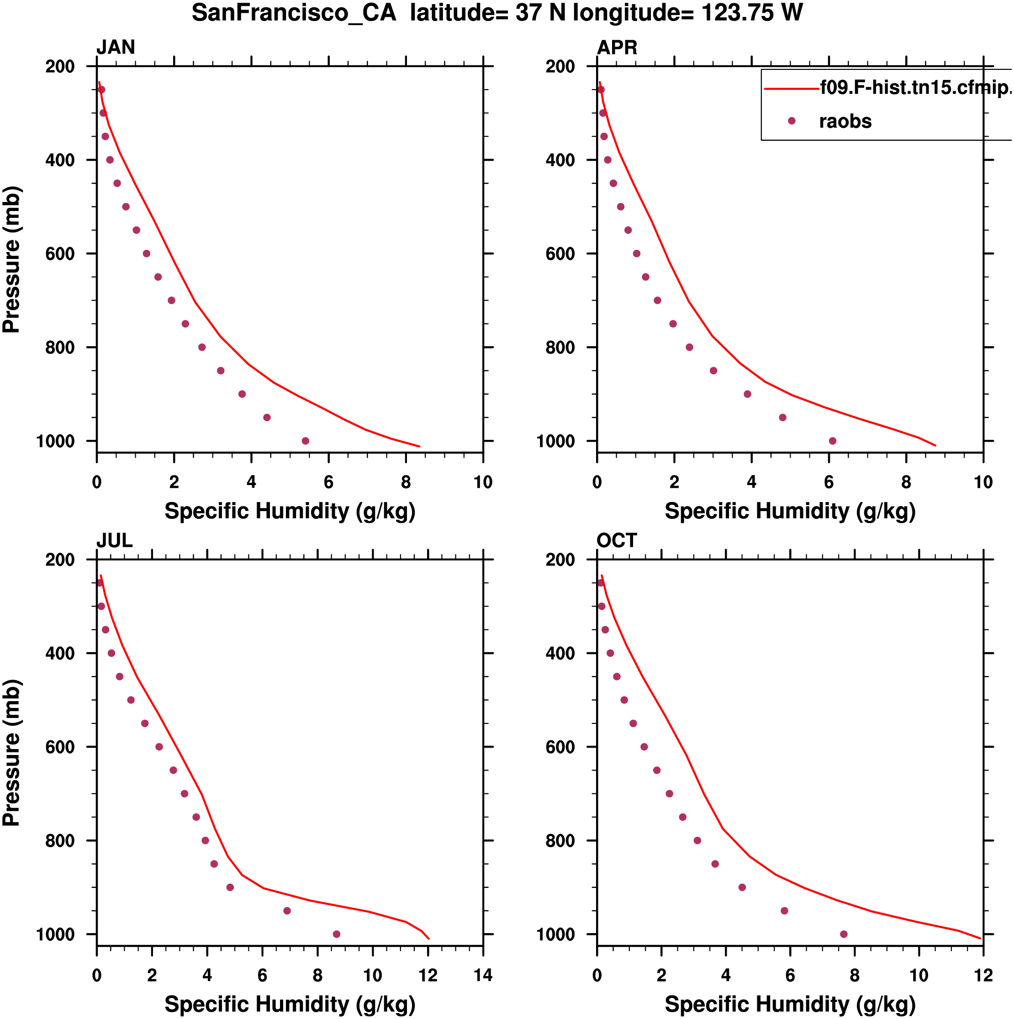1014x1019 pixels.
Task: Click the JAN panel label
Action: [x=116, y=48]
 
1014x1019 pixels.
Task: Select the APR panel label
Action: [x=617, y=48]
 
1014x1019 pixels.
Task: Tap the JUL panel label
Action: [x=114, y=541]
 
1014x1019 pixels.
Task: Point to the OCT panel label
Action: [x=616, y=541]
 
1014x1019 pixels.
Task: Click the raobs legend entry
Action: [x=845, y=121]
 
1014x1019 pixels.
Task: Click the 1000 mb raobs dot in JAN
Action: [x=306, y=441]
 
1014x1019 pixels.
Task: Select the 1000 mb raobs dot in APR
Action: [x=833, y=441]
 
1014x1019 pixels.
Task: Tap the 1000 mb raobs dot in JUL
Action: [x=337, y=934]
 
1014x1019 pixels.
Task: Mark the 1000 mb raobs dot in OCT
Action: [x=844, y=934]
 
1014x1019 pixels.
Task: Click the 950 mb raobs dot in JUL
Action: [x=287, y=911]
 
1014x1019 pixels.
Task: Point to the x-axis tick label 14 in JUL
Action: [x=483, y=975]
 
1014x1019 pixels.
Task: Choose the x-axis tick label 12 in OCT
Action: [x=983, y=975]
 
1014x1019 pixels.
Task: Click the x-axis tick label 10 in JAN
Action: [x=483, y=482]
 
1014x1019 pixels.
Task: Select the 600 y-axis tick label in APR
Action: [x=560, y=253]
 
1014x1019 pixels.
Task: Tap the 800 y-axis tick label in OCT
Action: [x=560, y=841]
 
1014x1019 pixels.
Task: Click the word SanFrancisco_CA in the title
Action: [x=294, y=13]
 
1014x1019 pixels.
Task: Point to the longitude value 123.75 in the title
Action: [x=738, y=13]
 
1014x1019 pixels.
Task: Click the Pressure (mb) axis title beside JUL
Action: [x=11, y=753]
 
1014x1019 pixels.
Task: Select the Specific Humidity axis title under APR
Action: [x=790, y=511]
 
